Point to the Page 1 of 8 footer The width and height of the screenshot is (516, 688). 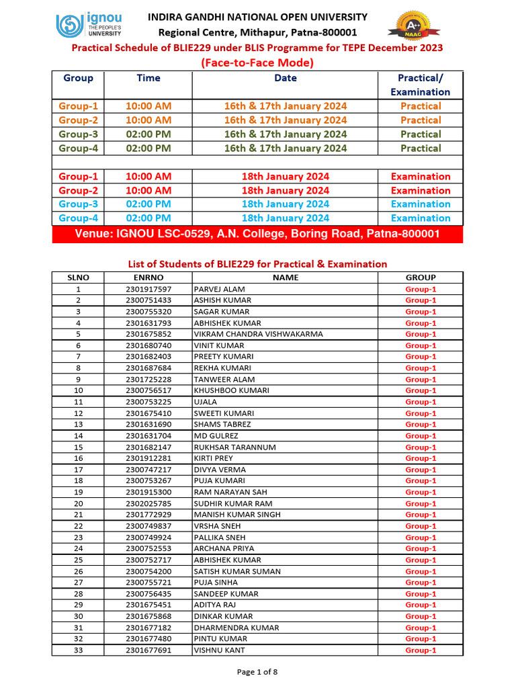point(257,671)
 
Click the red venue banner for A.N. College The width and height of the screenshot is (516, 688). point(257,234)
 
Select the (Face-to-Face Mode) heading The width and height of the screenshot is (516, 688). point(257,63)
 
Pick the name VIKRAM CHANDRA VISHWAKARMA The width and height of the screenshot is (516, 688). point(258,334)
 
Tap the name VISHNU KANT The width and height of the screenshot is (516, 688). point(219,650)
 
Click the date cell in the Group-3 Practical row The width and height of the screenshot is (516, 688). point(286,134)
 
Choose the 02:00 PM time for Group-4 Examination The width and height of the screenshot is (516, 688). point(148,218)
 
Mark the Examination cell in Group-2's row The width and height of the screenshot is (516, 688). point(421,191)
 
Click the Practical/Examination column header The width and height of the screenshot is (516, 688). point(421,85)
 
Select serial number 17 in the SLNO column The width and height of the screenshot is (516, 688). point(79,470)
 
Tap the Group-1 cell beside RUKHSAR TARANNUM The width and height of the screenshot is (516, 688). point(421,447)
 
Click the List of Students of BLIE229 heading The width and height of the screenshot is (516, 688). point(257,264)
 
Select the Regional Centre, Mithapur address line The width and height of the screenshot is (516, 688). point(257,32)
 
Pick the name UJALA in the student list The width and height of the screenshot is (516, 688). point(205,402)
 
